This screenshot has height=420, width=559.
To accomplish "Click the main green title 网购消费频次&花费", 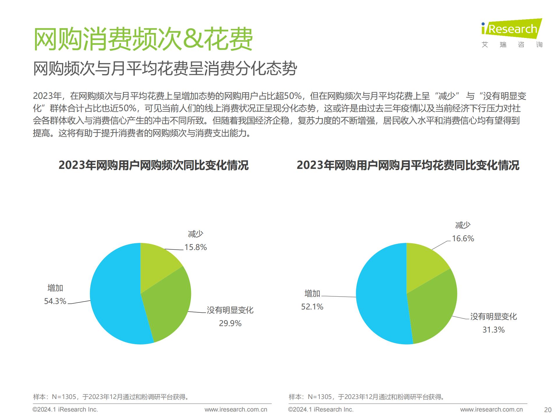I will coord(143,39).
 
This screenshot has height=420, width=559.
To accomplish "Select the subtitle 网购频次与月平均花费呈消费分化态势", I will coord(165,69).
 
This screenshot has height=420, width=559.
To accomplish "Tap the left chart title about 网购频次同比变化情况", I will coord(153,165).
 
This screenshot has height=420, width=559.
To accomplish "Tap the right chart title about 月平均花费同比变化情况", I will coord(408,165).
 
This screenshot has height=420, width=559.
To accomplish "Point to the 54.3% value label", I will coord(55,301).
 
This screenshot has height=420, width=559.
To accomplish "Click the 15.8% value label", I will coord(196,247).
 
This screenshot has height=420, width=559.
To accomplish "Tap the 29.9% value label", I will coord(230,323).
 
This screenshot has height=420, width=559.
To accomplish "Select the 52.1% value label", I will coord(312,307).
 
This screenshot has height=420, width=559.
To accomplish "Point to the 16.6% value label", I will coord(463,239).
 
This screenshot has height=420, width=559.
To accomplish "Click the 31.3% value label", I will coord(493,330).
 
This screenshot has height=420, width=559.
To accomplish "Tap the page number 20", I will coord(548,410).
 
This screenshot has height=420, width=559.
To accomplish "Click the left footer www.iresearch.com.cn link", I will coord(236,409).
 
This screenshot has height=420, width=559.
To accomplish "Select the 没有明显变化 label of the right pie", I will coord(493,316).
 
